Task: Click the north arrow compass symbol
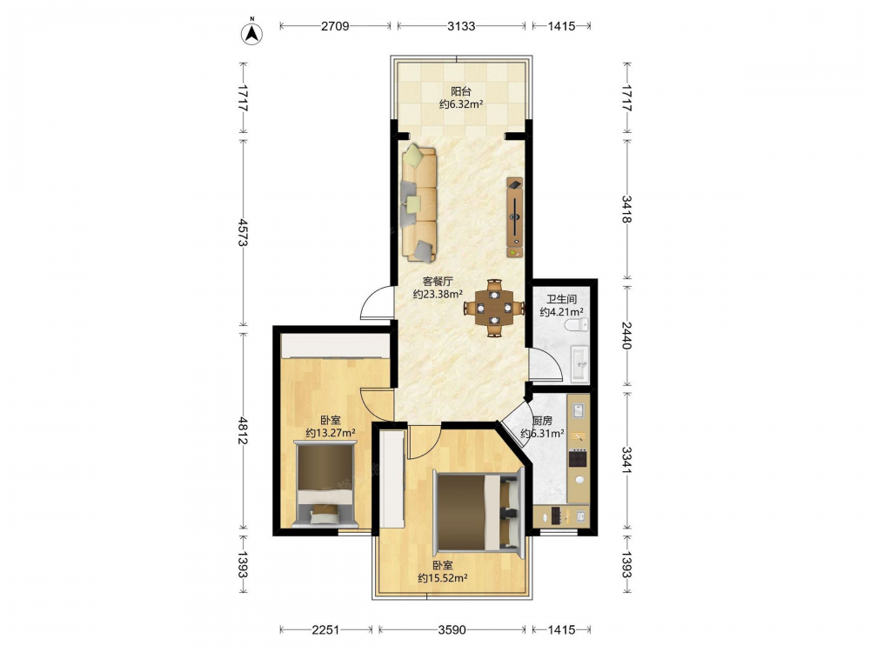[252, 32]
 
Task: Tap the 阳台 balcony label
[460, 91]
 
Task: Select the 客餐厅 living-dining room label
[438, 282]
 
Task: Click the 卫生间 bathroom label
[561, 299]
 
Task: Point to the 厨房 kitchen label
[542, 421]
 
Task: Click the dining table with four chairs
[494, 308]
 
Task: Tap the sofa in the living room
[419, 203]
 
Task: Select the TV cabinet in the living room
[514, 217]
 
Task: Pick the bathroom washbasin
[580, 363]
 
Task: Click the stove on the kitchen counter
[578, 458]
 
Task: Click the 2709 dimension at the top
[335, 26]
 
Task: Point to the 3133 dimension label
[462, 26]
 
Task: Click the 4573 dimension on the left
[243, 233]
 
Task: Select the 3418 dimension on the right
[627, 209]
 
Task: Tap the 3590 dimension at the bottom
[452, 629]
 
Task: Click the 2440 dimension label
[627, 336]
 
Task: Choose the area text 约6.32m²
[461, 104]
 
